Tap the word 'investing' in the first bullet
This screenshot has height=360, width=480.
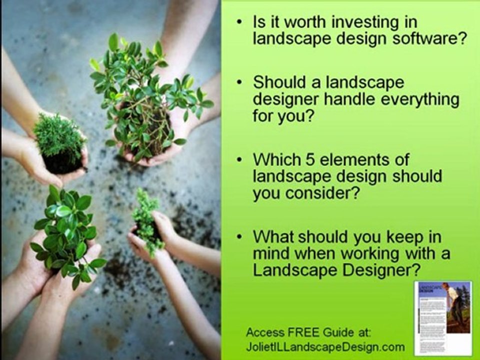[357, 22]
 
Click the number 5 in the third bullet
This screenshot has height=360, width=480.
[310, 159]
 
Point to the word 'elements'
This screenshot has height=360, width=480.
[353, 159]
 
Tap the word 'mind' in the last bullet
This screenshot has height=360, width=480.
[272, 253]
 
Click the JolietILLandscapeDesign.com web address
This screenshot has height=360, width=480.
[325, 347]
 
